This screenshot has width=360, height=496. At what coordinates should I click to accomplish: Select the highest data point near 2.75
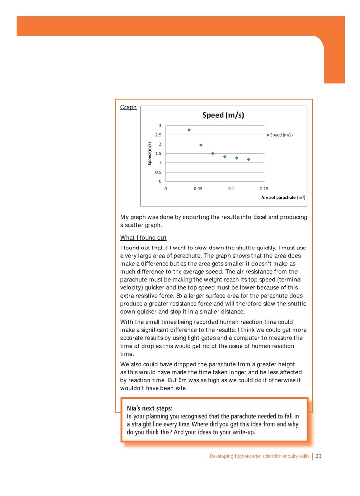pos(189,130)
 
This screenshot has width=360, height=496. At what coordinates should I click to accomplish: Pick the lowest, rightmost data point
pos(248,159)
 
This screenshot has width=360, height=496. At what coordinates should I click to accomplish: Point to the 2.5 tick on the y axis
pos(158,135)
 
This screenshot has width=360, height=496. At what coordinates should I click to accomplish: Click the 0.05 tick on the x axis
pos(198,189)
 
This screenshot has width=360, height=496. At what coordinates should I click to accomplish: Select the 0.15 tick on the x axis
pos(264,189)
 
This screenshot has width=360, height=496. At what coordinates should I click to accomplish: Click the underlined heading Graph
pos(129,107)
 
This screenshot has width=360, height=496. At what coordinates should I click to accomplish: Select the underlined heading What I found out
pos(143,237)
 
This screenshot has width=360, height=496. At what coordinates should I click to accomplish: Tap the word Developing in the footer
pos(222,456)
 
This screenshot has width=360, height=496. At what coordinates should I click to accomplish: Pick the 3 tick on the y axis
pos(160,125)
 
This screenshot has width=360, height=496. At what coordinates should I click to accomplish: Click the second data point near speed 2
pos(201,145)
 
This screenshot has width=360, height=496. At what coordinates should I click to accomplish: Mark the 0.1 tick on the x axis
pos(231,189)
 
